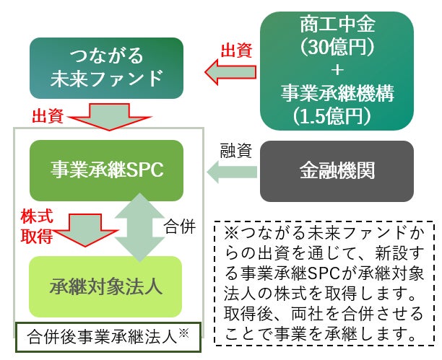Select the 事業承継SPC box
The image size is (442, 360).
click(107, 170)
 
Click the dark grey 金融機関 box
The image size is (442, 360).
click(337, 171)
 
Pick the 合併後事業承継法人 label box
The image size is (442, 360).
click(108, 336)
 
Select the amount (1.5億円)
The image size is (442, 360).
click(335, 115)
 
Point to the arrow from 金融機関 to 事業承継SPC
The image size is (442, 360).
click(233, 172)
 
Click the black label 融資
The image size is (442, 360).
click(235, 151)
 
